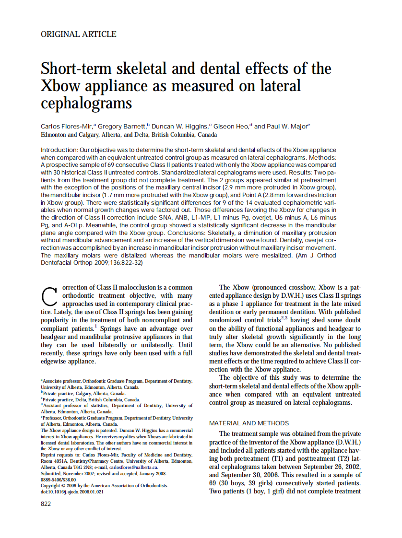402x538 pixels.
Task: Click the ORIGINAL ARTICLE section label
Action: pyautogui.click(x=79, y=34)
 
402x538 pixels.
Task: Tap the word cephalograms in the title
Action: pyautogui.click(x=86, y=103)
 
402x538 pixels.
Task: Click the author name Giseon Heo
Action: pyautogui.click(x=231, y=126)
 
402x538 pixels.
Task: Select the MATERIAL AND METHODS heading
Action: pyautogui.click(x=249, y=423)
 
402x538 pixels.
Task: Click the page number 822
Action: pyautogui.click(x=46, y=503)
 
